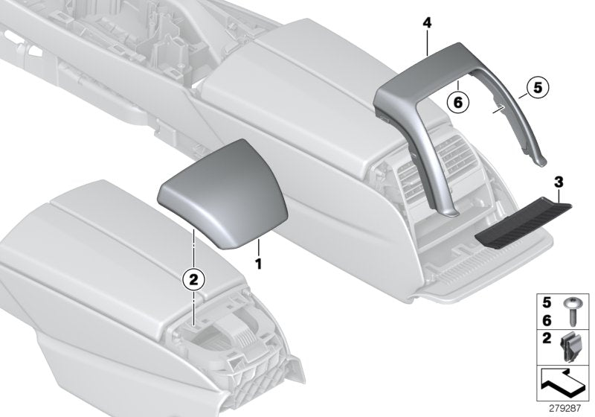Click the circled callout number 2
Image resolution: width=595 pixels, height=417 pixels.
[193, 279]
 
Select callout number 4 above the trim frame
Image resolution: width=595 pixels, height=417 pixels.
[427, 24]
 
